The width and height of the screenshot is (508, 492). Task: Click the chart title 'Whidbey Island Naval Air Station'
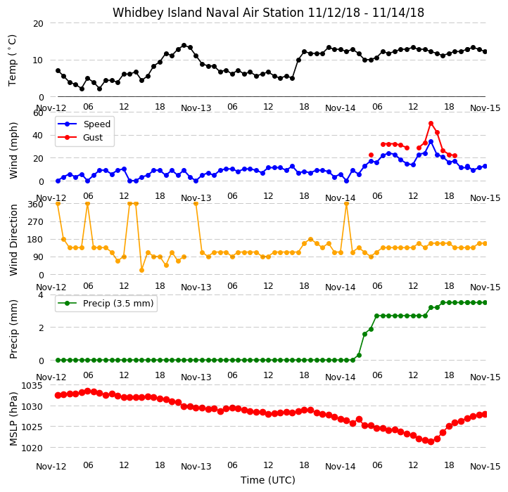[x=208, y=13]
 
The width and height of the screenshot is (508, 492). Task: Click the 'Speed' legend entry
[x=97, y=124]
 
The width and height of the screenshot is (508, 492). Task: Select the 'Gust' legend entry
[x=93, y=138]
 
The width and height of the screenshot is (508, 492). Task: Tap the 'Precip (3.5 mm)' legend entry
[x=118, y=304]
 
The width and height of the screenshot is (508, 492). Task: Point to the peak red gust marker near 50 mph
[x=431, y=123]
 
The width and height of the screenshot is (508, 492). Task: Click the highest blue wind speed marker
[x=431, y=142]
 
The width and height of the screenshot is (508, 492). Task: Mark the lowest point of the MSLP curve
[x=431, y=442]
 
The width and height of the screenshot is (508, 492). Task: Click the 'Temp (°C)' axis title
[x=12, y=60]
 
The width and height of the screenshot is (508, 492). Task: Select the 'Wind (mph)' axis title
[x=13, y=150]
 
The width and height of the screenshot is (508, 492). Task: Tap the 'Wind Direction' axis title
[x=13, y=240]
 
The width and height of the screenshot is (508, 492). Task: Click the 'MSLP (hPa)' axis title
[x=13, y=419]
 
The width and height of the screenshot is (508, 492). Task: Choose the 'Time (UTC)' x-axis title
[x=268, y=480]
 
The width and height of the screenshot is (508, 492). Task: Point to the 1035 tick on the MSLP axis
[x=32, y=385]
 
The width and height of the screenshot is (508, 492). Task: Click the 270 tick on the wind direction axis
[x=37, y=222]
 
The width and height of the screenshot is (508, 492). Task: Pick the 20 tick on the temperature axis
[x=38, y=24]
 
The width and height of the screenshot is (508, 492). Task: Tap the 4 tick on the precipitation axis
[x=41, y=295]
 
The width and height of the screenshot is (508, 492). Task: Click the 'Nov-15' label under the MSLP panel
[x=485, y=467]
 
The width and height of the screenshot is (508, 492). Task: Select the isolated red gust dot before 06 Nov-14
[x=371, y=155]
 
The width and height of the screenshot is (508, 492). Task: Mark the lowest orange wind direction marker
[x=141, y=271]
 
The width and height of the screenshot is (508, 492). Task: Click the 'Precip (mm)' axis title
[x=13, y=329]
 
